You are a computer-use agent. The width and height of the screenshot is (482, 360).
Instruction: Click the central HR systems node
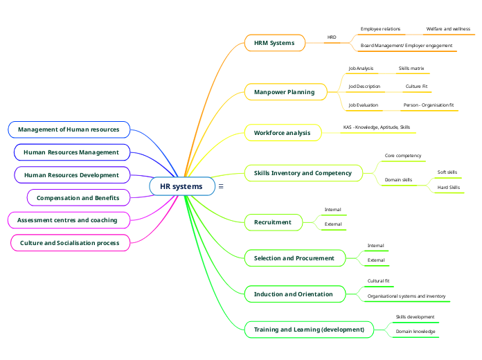pos(181,186)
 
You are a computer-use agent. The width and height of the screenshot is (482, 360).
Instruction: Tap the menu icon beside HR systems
pos(221,186)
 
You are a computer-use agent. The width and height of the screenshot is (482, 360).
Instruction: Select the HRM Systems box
pos(274,43)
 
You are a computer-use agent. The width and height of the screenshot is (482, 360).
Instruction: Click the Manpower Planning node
pos(285,92)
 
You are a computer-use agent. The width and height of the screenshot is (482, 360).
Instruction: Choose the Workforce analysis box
pos(283,132)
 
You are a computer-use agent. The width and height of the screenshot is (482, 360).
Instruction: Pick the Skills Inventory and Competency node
pos(303,173)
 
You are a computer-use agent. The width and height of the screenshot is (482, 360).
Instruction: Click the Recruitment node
pos(273,222)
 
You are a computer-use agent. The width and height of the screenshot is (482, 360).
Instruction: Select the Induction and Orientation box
pos(294,294)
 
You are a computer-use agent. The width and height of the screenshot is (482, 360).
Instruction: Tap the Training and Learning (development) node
pos(309,330)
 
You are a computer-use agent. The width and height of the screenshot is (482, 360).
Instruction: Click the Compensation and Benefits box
pos(78,198)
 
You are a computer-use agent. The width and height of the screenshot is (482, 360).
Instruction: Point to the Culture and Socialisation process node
pos(69,243)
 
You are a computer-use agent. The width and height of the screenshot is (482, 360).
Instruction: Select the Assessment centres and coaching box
pos(67,220)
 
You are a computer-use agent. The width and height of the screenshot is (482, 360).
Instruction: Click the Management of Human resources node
pos(69,129)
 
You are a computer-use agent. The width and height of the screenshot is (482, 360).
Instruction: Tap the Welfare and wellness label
pos(448,29)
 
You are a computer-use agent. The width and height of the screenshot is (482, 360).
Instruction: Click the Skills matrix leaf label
pos(411,69)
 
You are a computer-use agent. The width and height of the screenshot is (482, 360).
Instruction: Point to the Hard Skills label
pos(448,187)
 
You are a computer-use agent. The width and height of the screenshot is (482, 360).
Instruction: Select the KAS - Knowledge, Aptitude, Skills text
pos(377,127)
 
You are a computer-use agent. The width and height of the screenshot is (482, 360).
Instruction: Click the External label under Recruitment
pos(333,224)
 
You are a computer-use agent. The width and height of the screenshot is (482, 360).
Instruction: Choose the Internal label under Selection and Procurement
pos(375,246)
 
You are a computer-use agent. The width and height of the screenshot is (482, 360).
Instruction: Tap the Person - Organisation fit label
pos(429,105)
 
